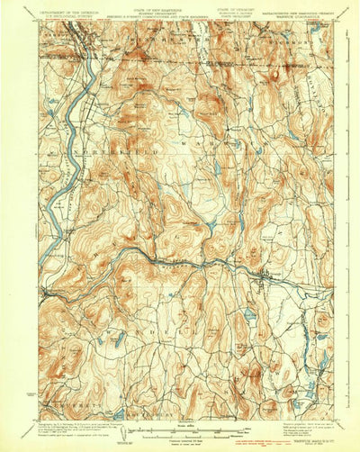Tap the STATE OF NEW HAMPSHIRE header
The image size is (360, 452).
(x=159, y=7)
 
